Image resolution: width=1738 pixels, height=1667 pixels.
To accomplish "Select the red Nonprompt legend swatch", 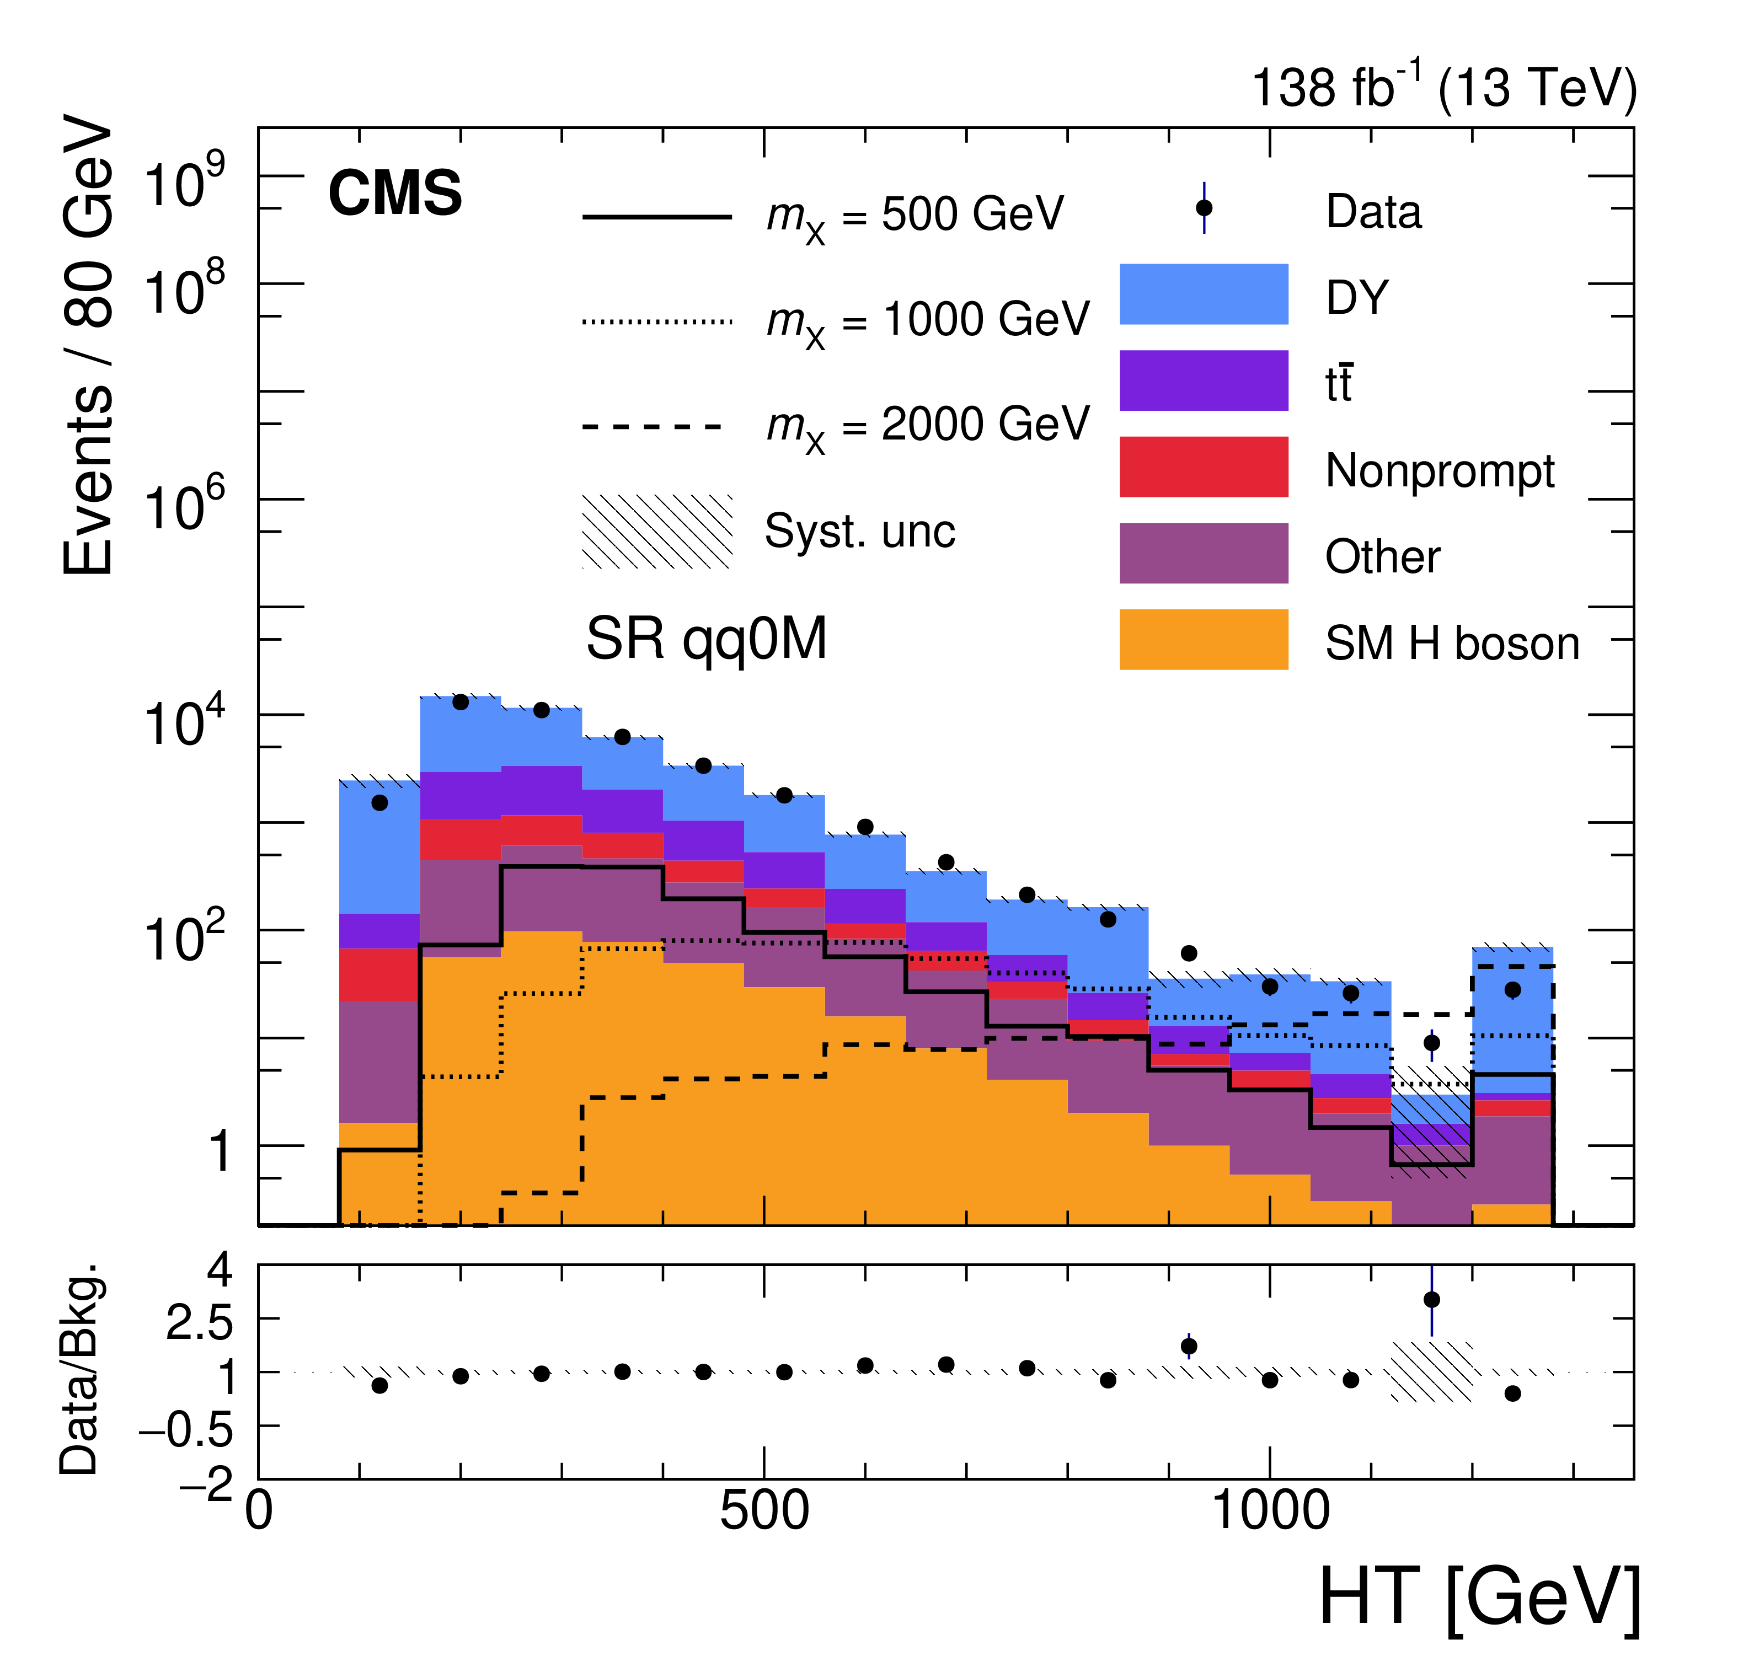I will click(1204, 467).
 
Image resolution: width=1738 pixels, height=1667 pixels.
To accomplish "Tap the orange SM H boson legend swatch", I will click(1204, 639).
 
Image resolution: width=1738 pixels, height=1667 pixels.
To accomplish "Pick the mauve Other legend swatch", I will click(1204, 553).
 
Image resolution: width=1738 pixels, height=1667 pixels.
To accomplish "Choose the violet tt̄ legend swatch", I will click(1204, 380).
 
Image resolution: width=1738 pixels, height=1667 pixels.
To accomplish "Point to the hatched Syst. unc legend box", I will click(657, 531).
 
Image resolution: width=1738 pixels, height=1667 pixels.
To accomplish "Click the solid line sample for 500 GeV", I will click(657, 216).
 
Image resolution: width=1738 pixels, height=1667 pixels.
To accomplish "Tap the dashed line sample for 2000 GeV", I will click(657, 426).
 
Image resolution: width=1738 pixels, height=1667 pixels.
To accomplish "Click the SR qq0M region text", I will click(706, 639).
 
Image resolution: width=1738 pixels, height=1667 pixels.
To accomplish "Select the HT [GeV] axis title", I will click(1479, 1596).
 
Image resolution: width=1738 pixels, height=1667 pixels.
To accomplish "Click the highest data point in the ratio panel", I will click(1431, 1300).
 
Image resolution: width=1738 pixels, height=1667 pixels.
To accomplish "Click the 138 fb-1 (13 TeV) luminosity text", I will click(1443, 89).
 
